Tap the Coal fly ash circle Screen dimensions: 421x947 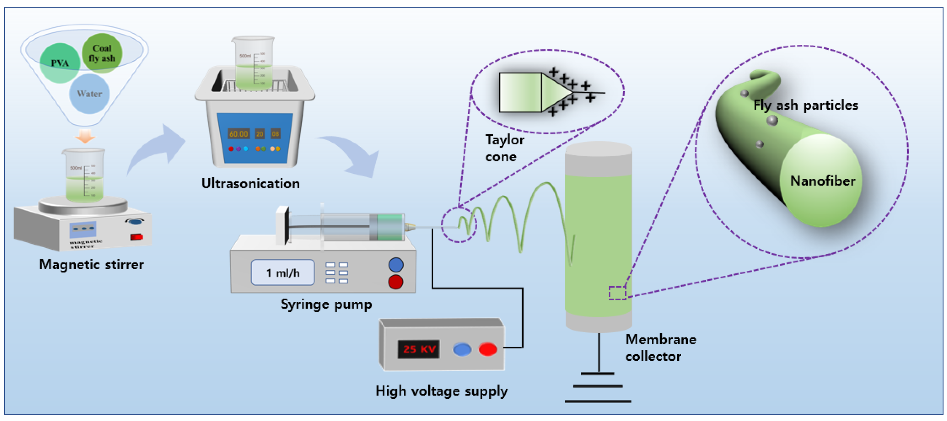point(102,53)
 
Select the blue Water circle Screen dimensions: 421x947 point(89,94)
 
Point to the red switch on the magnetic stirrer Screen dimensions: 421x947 point(136,237)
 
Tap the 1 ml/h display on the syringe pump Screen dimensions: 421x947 point(283,273)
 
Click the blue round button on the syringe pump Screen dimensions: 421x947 point(396,264)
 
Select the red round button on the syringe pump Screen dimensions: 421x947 point(396,282)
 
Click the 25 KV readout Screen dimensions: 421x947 point(419,349)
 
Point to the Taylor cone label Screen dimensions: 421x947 point(504,148)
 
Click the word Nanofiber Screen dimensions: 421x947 point(823,181)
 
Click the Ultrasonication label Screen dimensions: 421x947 point(250,183)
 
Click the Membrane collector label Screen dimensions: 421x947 point(660,348)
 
